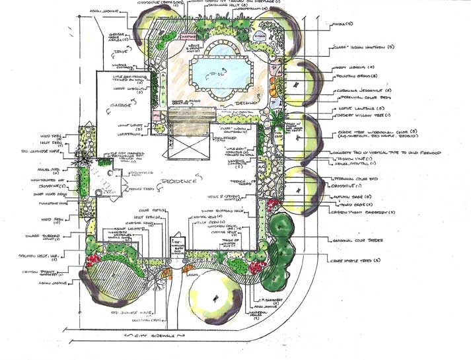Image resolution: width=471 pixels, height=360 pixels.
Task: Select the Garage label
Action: (120, 104)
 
